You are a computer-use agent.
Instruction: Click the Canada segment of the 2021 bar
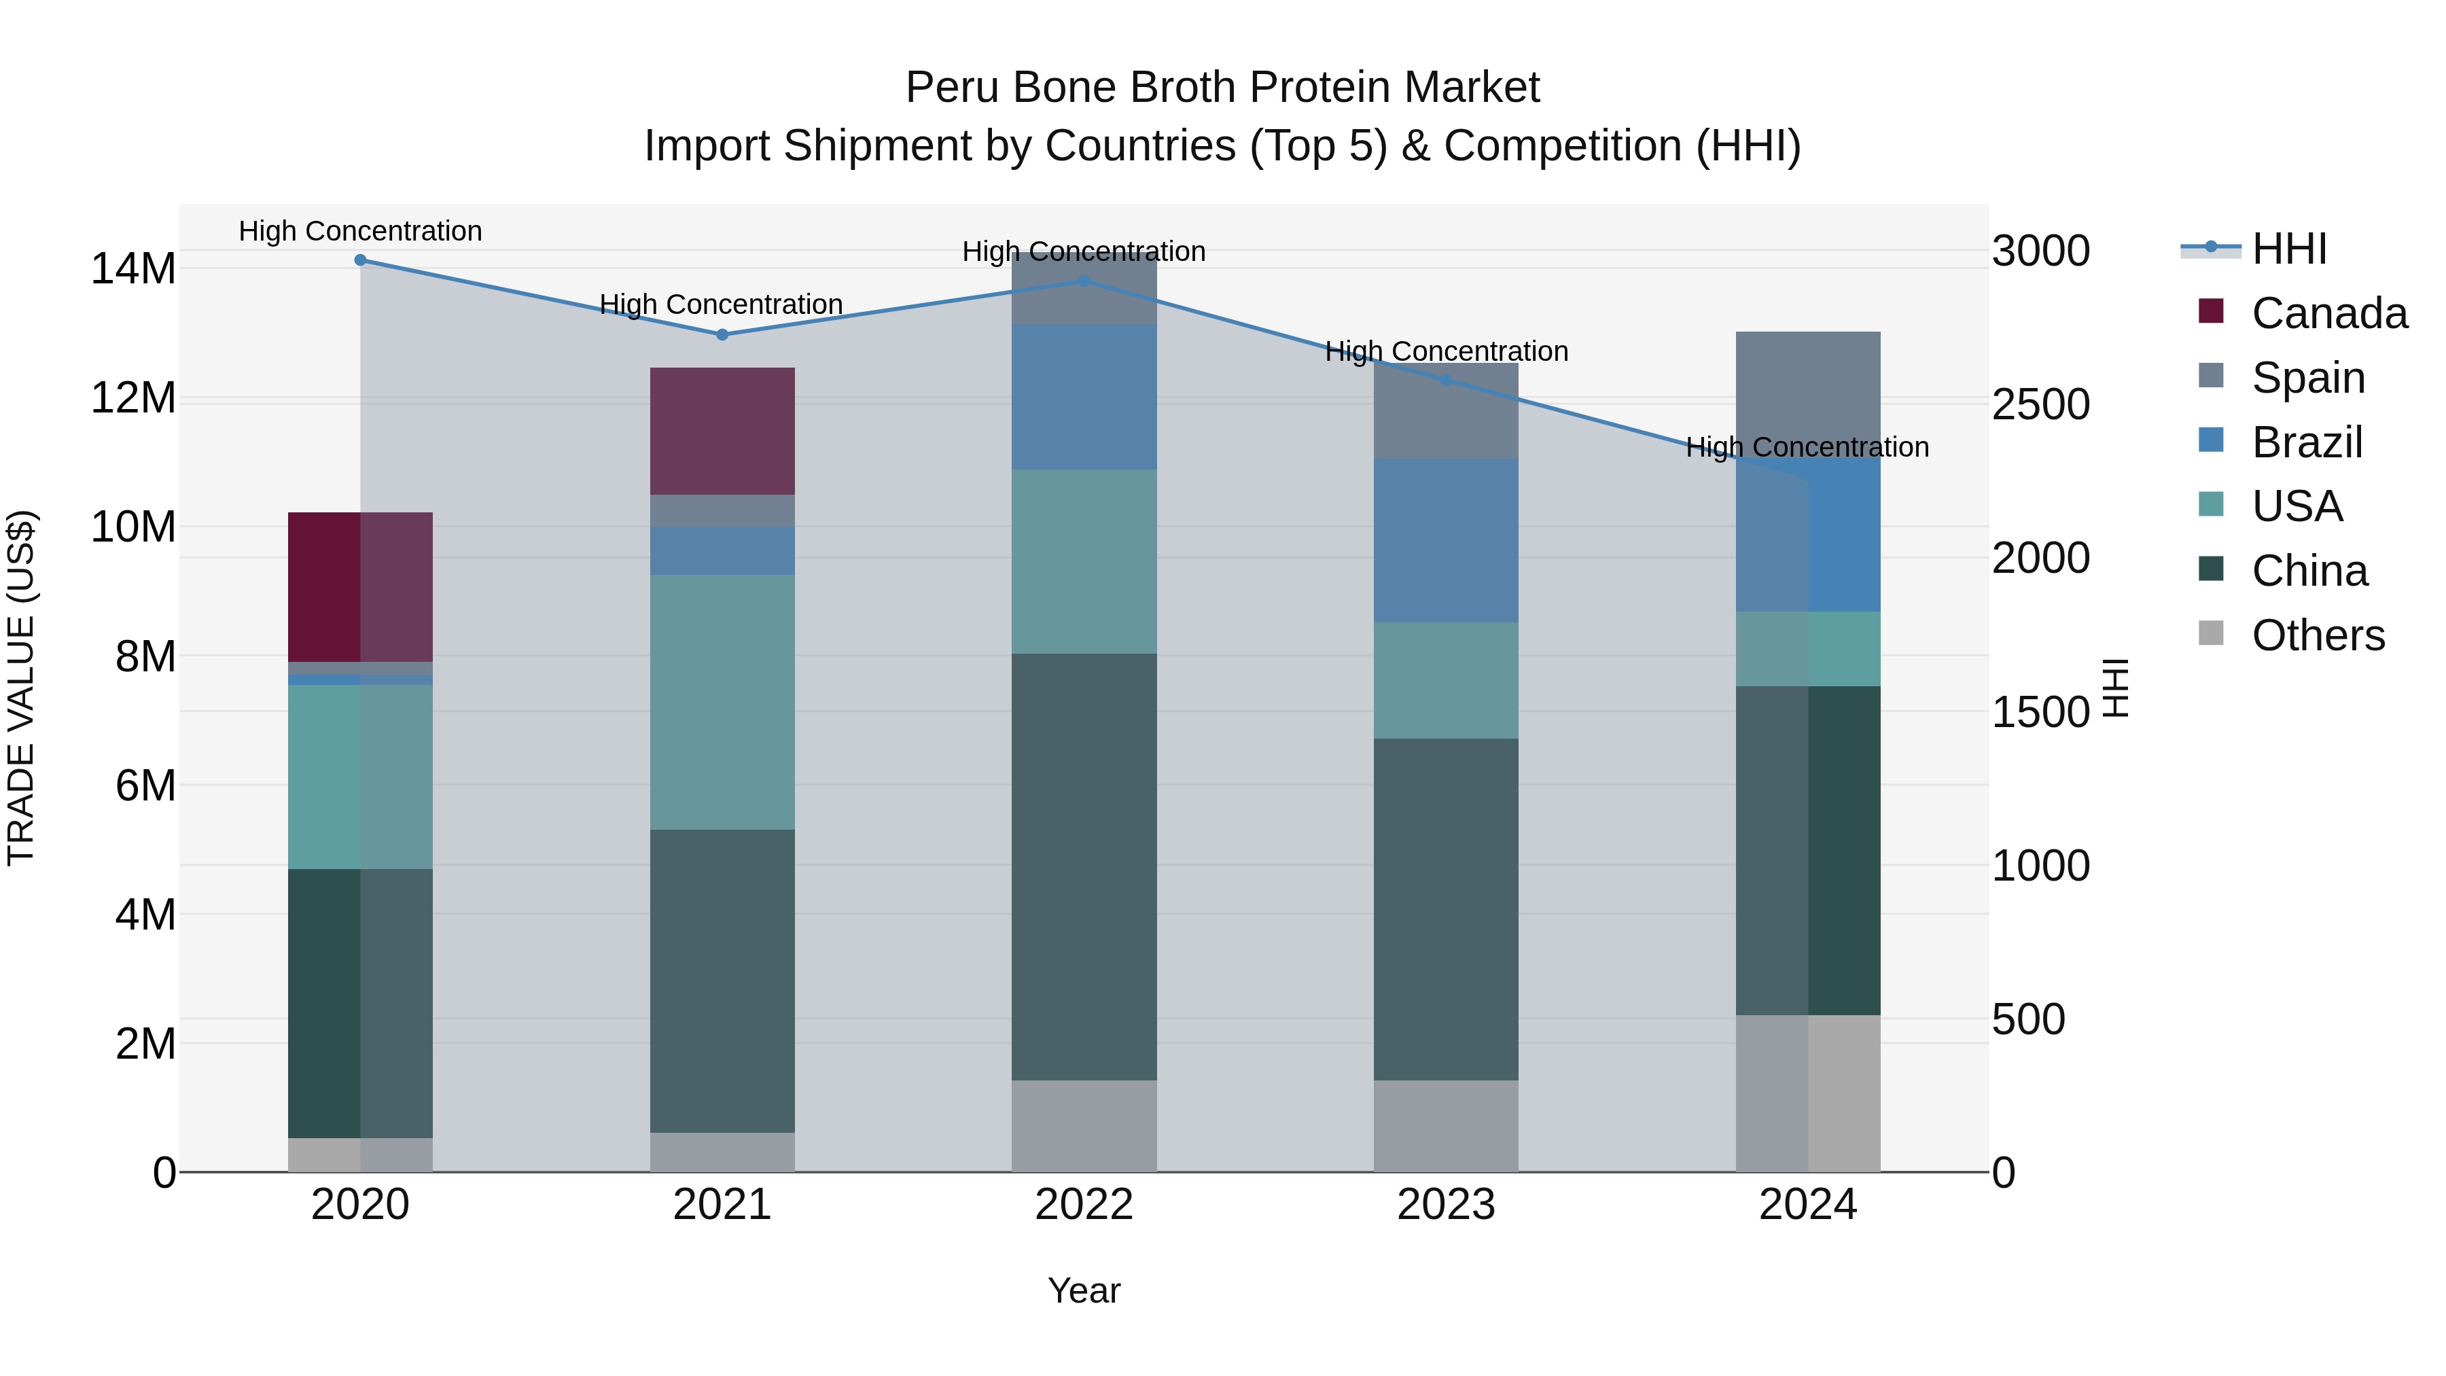(x=722, y=431)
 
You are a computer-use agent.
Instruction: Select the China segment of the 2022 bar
(x=1084, y=866)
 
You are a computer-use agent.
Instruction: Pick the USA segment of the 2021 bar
(x=722, y=702)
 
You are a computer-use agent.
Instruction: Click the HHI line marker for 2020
(x=360, y=260)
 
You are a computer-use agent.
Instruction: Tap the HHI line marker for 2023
(x=1445, y=380)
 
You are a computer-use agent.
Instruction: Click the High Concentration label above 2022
(x=1084, y=251)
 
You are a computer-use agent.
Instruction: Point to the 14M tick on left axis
(x=133, y=268)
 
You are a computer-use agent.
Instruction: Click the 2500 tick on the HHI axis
(x=2040, y=404)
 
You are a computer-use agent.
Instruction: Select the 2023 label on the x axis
(x=1445, y=1205)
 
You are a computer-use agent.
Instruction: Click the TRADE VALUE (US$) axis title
(x=21, y=688)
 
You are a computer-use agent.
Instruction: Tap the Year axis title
(x=1084, y=1290)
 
